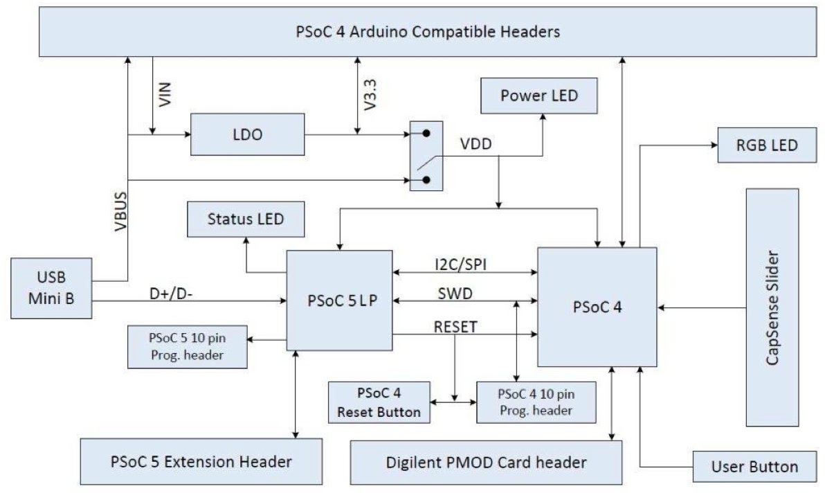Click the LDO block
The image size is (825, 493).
[x=247, y=134]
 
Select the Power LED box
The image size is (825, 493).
[x=538, y=96]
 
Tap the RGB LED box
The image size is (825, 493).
[x=767, y=145]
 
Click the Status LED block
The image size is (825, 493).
[x=246, y=219]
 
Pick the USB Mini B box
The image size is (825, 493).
[x=51, y=288]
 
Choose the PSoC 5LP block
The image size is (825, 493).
[x=339, y=300]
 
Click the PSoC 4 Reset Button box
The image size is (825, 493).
[x=379, y=402]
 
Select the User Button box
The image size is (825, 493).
[x=754, y=466]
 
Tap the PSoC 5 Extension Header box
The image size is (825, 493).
[x=201, y=461]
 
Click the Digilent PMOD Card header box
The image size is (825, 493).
[x=486, y=463]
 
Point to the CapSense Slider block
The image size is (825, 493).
[x=772, y=307]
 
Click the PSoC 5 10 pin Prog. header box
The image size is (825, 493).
[x=188, y=347]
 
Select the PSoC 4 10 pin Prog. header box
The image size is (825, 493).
[x=536, y=402]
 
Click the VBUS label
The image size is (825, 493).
[x=121, y=211]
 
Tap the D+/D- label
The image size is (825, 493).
[x=171, y=293]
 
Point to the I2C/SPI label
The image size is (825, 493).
[x=460, y=264]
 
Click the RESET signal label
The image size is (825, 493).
[x=455, y=327]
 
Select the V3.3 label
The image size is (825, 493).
[x=370, y=95]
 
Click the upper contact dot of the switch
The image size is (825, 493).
[x=426, y=134]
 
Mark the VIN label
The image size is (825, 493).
[x=165, y=94]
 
